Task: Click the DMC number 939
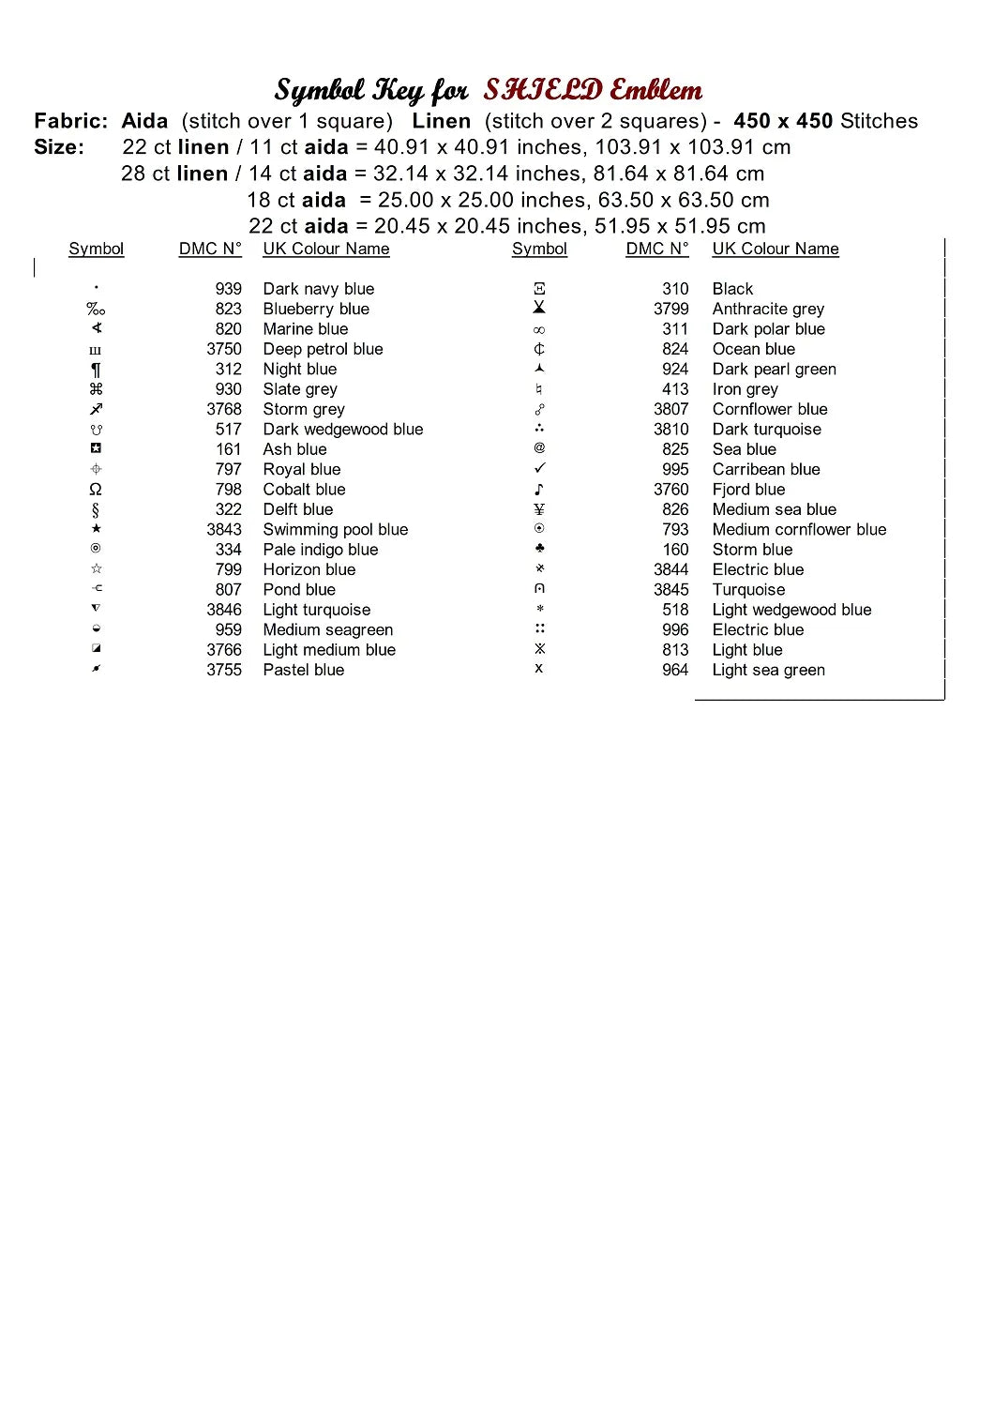pyautogui.click(x=228, y=289)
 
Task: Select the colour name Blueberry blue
pyautogui.click(x=316, y=309)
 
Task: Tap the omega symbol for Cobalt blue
pyautogui.click(x=96, y=490)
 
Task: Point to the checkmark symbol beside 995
pyautogui.click(x=539, y=468)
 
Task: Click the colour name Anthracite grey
pyautogui.click(x=768, y=309)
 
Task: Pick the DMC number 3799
pyautogui.click(x=670, y=309)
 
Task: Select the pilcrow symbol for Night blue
pyautogui.click(x=96, y=370)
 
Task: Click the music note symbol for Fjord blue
pyautogui.click(x=539, y=490)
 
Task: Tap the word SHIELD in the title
pyautogui.click(x=543, y=90)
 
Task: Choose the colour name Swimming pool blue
pyautogui.click(x=336, y=530)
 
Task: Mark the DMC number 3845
pyautogui.click(x=670, y=590)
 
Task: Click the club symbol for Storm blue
pyautogui.click(x=539, y=549)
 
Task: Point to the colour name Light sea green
pyautogui.click(x=769, y=670)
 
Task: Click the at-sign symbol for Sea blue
pyautogui.click(x=539, y=448)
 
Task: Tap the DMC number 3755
pyautogui.click(x=224, y=670)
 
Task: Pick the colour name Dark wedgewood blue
pyautogui.click(x=343, y=430)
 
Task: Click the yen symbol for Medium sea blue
pyautogui.click(x=539, y=509)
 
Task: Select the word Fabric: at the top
pyautogui.click(x=71, y=121)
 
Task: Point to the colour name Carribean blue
pyautogui.click(x=766, y=469)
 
